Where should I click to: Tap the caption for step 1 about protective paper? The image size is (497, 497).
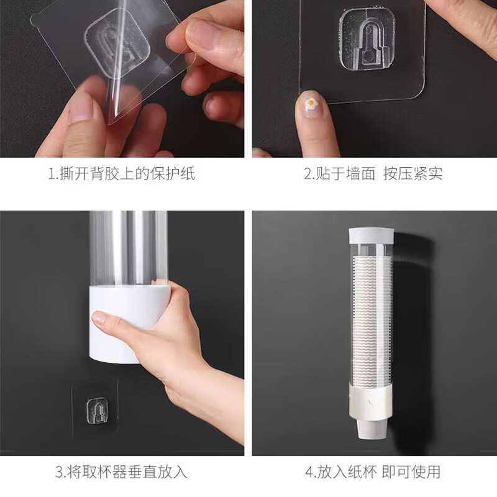tap(121, 173)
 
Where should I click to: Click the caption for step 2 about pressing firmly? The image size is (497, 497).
tap(373, 173)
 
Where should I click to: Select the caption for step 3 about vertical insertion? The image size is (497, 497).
tap(121, 472)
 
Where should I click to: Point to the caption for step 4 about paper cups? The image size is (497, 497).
tap(373, 472)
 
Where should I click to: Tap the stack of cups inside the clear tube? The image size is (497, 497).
tap(371, 311)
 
